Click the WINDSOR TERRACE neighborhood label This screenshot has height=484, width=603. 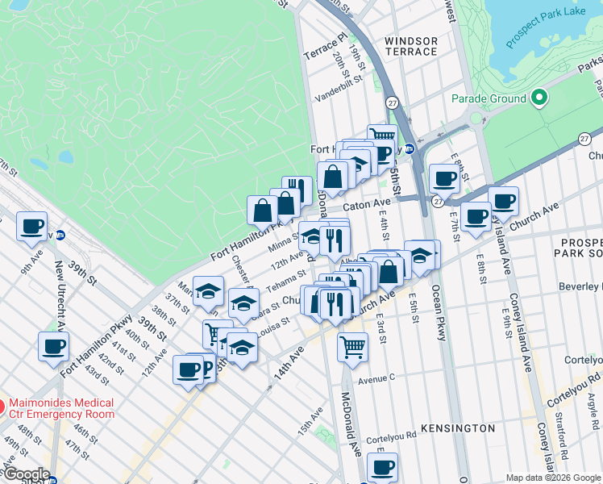tap(411, 46)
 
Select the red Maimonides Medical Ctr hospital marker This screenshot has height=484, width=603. tap(2, 405)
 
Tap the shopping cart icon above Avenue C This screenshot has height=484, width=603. tap(352, 348)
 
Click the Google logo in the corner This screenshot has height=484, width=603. tap(26, 474)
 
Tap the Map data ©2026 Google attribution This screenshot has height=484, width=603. tap(554, 478)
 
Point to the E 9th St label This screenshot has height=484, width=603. tap(508, 322)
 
